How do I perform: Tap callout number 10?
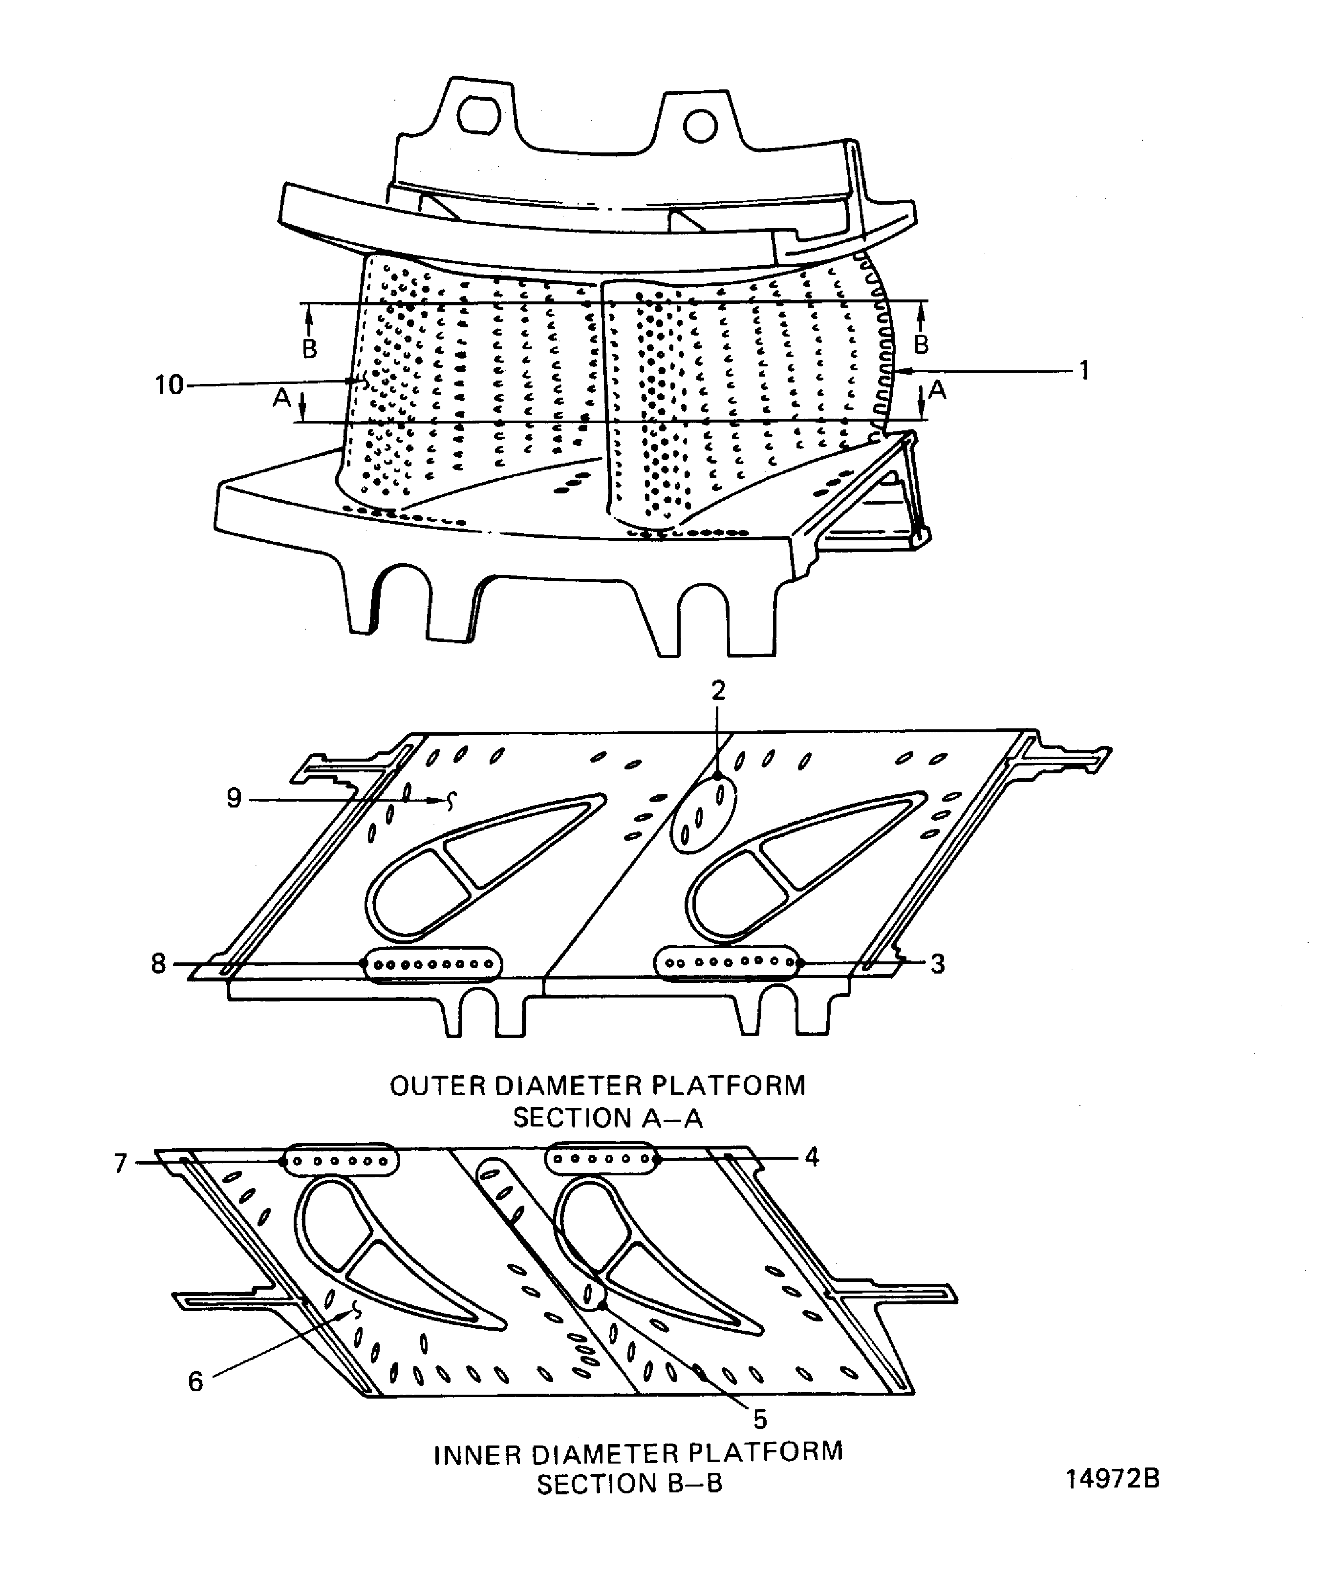coord(169,385)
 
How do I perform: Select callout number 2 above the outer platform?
coord(718,690)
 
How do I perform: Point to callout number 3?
coord(938,964)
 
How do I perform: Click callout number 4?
coord(812,1158)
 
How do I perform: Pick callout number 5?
coord(760,1420)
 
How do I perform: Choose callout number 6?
coord(196,1382)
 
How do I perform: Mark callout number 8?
coord(158,964)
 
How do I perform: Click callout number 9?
coord(234,799)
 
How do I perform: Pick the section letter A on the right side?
coord(938,390)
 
